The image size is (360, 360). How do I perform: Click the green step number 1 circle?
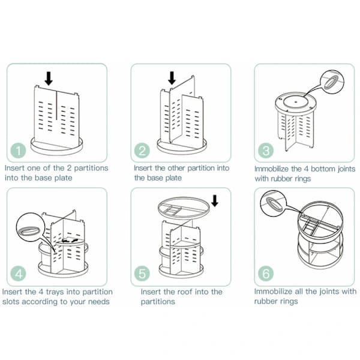18,151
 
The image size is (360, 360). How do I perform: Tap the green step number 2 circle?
142,151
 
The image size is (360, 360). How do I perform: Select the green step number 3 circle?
266,151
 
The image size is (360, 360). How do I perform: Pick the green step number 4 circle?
18,274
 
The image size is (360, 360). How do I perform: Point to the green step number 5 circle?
142,274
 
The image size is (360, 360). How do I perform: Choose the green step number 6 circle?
266,274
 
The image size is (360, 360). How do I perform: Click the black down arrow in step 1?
49,78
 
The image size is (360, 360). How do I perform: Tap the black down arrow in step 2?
172,78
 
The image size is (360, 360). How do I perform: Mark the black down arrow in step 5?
215,200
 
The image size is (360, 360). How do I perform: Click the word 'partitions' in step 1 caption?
91,168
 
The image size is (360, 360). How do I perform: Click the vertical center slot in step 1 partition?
56,105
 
